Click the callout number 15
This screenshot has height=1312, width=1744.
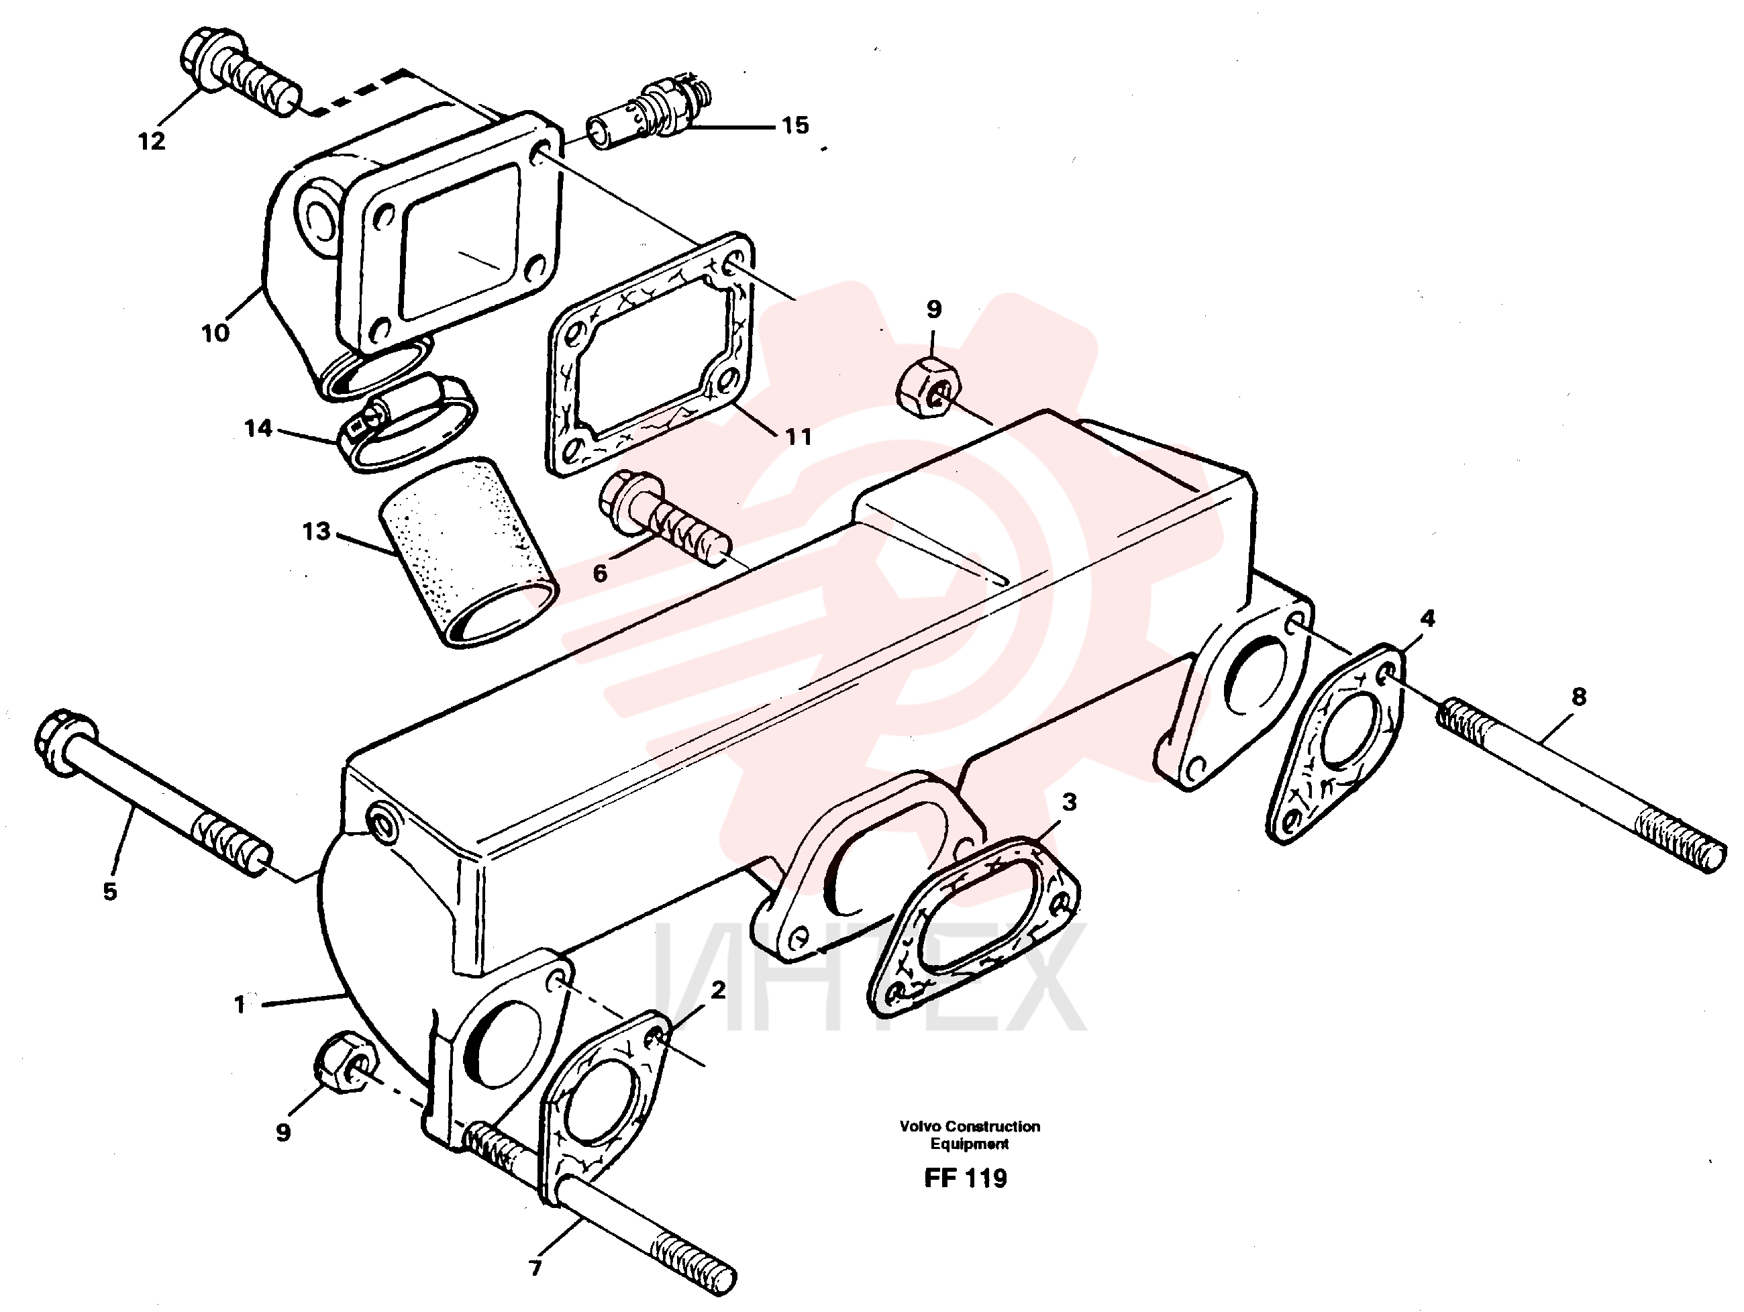pos(794,125)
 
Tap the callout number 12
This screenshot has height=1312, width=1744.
pos(152,142)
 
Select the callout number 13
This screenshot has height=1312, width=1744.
pos(316,532)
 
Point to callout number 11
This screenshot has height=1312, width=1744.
pos(799,437)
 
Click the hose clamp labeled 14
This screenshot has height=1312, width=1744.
pos(407,421)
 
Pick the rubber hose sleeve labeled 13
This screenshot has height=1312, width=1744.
pos(468,554)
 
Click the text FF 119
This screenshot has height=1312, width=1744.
pos(966,1178)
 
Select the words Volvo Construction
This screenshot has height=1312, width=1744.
pos(970,1127)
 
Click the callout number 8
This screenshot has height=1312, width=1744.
pos(1578,696)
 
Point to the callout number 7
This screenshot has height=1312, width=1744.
pos(535,1268)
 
